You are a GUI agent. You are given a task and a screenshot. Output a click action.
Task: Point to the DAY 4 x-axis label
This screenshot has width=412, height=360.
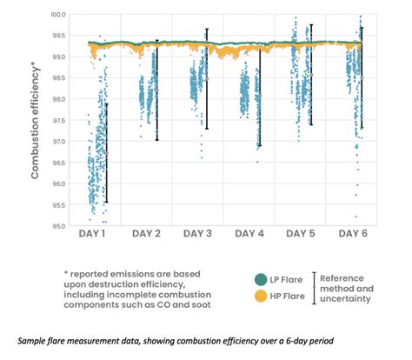coord(250,235)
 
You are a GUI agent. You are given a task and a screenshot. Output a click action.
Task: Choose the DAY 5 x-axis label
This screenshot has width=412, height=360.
coord(302,235)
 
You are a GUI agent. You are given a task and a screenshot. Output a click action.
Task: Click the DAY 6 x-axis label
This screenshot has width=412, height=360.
coord(352,235)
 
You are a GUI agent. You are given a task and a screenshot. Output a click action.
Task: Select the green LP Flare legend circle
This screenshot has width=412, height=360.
coord(260,280)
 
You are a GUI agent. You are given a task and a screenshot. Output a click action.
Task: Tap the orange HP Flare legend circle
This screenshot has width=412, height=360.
coord(260,297)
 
